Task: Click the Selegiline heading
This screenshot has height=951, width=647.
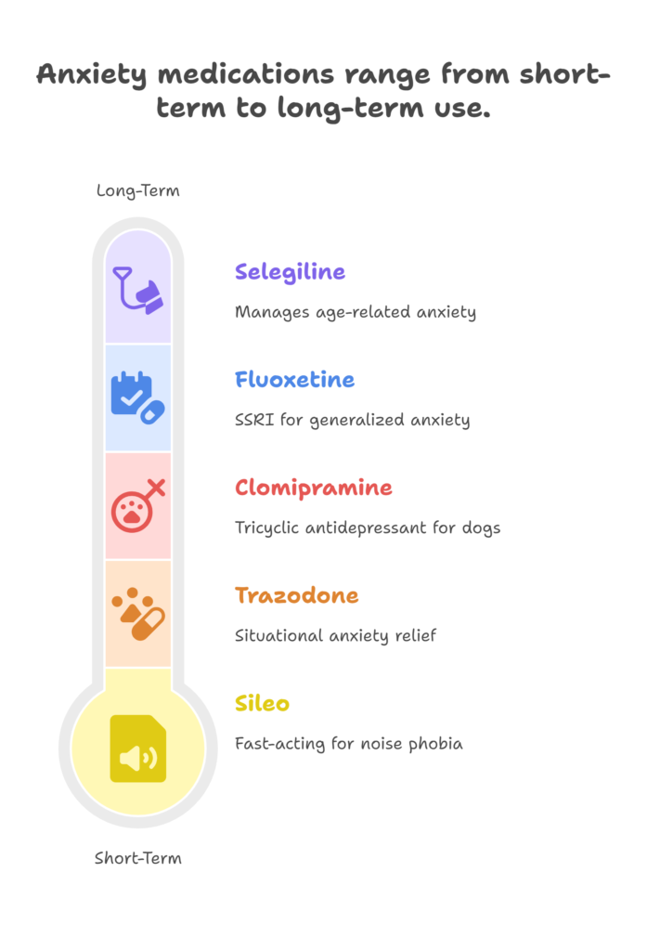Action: pos(290,272)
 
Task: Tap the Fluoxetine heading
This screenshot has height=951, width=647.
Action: pos(294,380)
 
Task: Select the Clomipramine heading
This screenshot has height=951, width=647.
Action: pos(314,489)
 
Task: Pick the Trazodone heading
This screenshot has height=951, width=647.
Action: pos(296,595)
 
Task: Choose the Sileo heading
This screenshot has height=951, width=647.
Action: pos(262,704)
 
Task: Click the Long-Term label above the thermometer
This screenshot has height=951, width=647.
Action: pos(138,191)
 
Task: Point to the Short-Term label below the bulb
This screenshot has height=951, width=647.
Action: pos(138,858)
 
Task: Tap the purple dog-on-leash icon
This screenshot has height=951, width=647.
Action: pos(138,291)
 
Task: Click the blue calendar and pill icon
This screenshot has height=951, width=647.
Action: pos(138,397)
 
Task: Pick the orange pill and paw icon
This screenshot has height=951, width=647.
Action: pos(138,614)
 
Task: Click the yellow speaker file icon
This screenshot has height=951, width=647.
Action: pos(138,749)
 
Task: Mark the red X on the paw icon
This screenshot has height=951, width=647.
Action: pos(156,488)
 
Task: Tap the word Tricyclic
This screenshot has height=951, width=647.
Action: pos(266,528)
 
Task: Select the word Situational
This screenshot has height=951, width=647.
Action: pos(278,635)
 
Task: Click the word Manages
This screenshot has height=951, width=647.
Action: pos(272,313)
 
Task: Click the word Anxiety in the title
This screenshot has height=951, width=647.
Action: pos(92,75)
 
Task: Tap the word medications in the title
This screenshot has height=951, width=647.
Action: pos(246,74)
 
